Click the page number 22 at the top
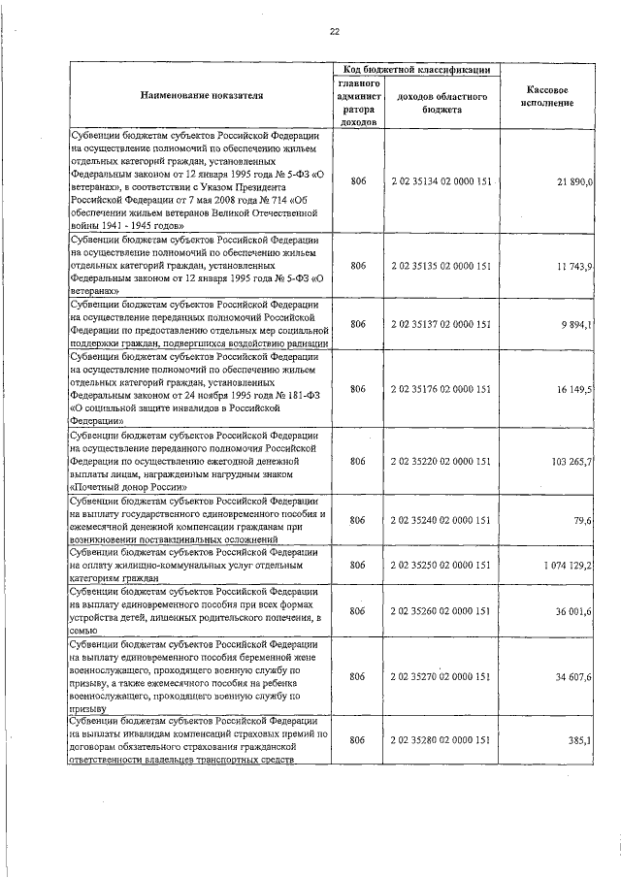pos(334,32)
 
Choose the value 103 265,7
pos(572,462)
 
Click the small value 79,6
pos(583,520)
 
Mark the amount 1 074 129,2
pos(567,565)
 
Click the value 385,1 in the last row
pos(580,740)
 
